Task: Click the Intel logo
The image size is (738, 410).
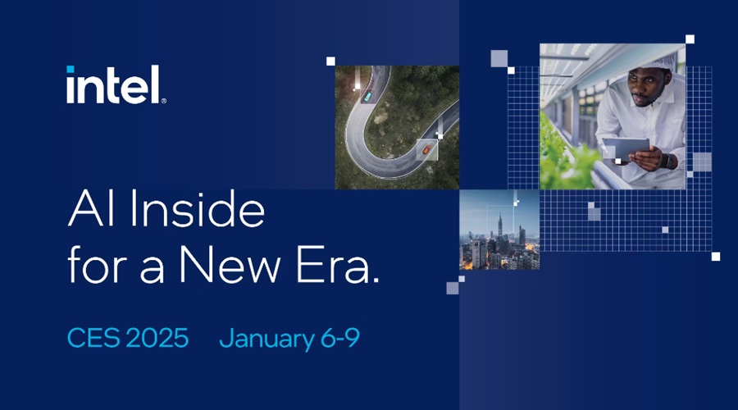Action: [x=116, y=84]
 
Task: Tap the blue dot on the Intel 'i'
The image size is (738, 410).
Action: [x=71, y=69]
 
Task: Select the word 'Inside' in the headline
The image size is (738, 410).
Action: [x=197, y=208]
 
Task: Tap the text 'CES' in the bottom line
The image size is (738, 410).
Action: [x=93, y=338]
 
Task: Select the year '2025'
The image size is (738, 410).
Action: [x=157, y=338]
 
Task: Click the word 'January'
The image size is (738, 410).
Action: [x=266, y=339]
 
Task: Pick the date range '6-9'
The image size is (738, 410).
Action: [x=340, y=338]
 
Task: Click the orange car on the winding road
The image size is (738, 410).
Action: [x=426, y=150]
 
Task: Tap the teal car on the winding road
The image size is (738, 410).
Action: [x=367, y=97]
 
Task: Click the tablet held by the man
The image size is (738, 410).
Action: [x=626, y=148]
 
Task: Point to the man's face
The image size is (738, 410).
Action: [x=644, y=86]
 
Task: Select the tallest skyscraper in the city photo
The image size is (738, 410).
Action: [x=500, y=230]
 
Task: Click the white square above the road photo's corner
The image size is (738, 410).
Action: [x=331, y=61]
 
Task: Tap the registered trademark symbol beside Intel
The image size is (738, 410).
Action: [x=163, y=101]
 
